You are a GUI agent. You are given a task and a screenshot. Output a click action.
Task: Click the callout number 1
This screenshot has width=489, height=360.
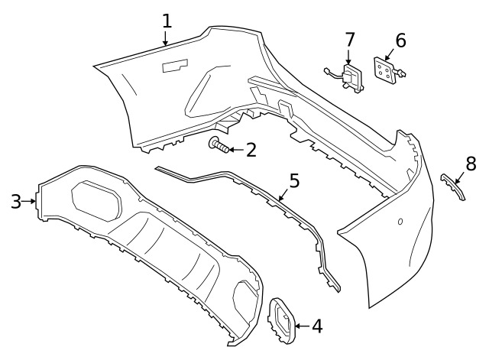coord(167,21)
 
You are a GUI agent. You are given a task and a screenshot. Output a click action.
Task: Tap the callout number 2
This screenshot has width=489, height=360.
coord(251,150)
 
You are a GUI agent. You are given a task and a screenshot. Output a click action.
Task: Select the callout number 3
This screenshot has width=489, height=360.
coord(16,201)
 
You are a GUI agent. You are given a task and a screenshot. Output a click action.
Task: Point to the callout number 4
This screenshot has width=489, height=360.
coord(317,326)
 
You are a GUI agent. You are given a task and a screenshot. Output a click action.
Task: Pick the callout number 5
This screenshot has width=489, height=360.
coord(294,181)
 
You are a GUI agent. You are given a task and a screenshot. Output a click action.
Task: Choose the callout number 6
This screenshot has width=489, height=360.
coord(400,41)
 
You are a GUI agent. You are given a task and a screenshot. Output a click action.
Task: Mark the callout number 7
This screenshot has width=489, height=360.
coord(350,39)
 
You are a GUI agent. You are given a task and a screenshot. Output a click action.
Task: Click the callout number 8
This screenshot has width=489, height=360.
coord(471,164)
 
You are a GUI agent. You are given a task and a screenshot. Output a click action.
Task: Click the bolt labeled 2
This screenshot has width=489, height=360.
coord(219,145)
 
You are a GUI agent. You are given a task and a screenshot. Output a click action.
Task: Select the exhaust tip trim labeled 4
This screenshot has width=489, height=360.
coord(282,321)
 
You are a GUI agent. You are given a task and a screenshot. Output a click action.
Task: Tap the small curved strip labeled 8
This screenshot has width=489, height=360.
coord(453,186)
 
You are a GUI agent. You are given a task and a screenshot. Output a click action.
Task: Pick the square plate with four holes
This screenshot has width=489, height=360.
coord(385,70)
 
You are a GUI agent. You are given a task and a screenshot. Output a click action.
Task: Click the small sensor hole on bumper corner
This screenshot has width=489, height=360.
coord(400,222)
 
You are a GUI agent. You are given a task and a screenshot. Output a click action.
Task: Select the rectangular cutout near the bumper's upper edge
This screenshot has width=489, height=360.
coord(175,66)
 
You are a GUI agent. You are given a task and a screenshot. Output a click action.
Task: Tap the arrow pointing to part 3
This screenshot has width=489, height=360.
coord(29,201)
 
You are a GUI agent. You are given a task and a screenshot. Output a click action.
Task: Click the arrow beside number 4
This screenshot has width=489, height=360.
coord(303,326)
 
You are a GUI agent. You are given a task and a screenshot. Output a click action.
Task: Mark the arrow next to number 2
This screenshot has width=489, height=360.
coord(237,150)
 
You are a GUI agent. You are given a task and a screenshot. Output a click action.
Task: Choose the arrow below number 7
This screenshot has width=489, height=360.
coord(348,58)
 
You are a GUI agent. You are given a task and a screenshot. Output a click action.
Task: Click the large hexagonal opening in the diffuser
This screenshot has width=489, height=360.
coord(96,201)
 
